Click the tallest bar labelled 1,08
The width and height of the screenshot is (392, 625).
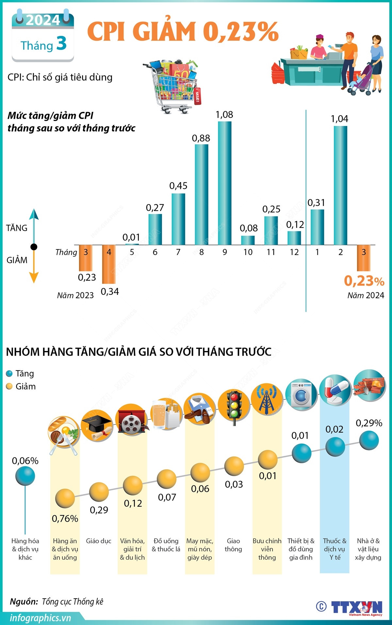(x=225, y=183)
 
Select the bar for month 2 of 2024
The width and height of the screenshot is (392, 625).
(x=340, y=185)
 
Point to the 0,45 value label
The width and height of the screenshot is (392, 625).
(x=178, y=186)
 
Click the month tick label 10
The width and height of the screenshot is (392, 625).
(x=248, y=252)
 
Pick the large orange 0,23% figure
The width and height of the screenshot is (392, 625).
(x=364, y=281)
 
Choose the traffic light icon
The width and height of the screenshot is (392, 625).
(x=234, y=406)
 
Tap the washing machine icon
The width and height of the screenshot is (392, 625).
(x=301, y=394)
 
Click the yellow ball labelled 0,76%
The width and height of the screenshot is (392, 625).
(x=65, y=498)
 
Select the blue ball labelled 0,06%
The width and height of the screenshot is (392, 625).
(x=25, y=476)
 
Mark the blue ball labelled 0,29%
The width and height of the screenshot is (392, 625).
(x=369, y=440)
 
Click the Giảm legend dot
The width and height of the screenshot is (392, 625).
(x=9, y=387)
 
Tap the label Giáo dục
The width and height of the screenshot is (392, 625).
(x=99, y=541)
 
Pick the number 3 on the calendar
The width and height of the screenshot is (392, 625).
(x=61, y=43)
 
